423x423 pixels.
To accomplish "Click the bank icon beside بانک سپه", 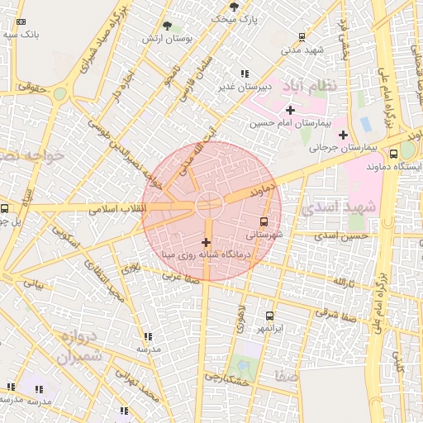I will [21, 22].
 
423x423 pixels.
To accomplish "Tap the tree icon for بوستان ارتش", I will [168, 26].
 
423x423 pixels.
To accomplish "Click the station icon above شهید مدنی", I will [302, 36].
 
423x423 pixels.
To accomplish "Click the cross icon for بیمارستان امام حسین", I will [289, 110].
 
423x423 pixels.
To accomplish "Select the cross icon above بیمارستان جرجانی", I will [342, 135].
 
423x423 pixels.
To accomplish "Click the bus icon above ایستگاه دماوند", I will [393, 153].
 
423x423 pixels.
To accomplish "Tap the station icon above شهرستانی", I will [264, 221].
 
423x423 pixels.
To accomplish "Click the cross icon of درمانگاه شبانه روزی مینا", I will [205, 242].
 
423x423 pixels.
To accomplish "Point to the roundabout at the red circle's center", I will [208, 202].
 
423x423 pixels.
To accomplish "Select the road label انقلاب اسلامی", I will [116, 208].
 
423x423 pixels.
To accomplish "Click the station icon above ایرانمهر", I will [269, 316].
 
